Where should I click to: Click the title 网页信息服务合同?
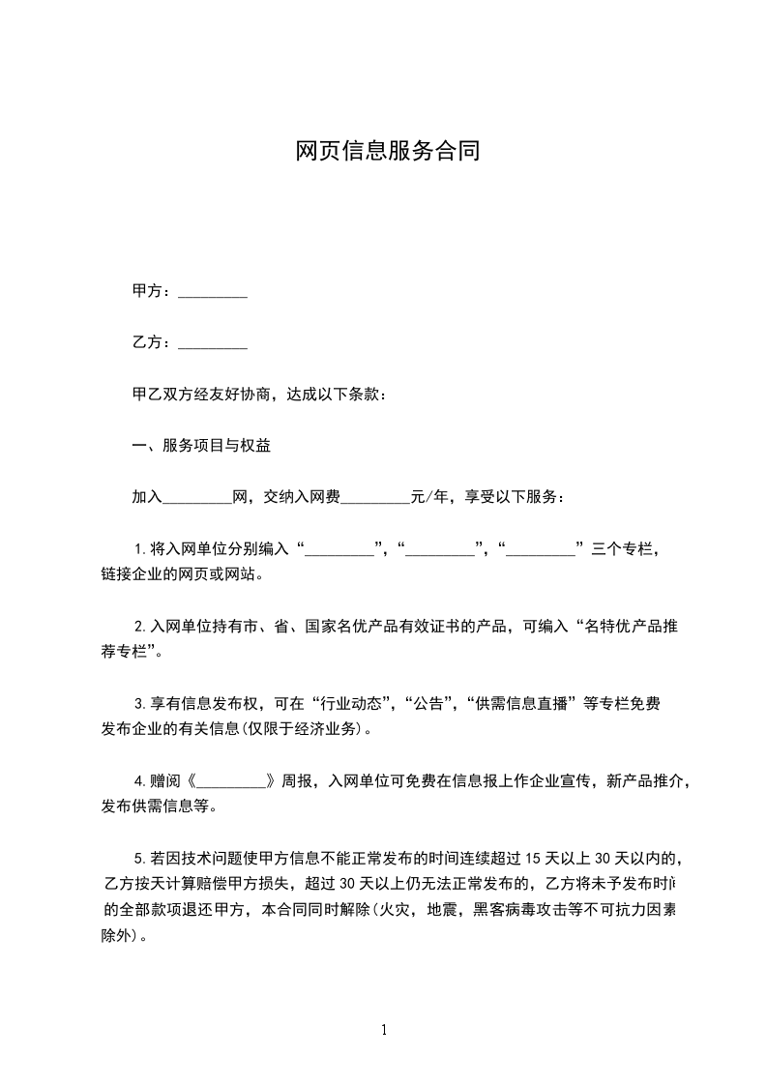tap(387, 151)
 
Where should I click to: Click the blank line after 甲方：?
tap(213, 291)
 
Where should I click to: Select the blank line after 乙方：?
tap(213, 342)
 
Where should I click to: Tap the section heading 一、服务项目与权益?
tap(201, 446)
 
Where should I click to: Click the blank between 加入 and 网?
tap(197, 497)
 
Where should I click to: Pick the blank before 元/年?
tap(376, 497)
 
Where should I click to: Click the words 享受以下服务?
tap(511, 497)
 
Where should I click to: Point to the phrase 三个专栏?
tap(623, 549)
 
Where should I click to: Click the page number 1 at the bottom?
tap(384, 1030)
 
